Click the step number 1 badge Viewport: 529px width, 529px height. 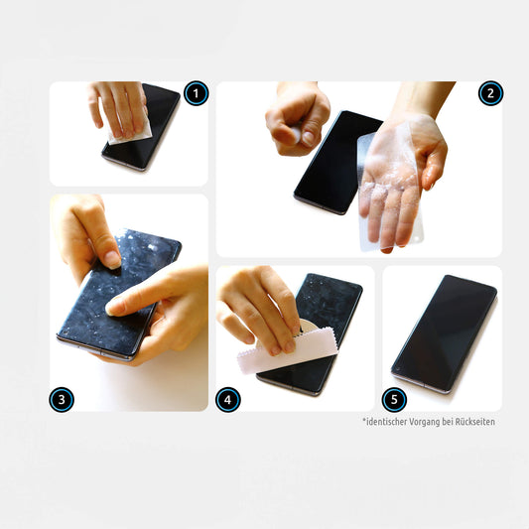tap(196, 93)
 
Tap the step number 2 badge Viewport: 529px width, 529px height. tap(490, 93)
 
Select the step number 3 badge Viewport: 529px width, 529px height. tap(62, 400)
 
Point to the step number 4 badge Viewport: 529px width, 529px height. tap(227, 400)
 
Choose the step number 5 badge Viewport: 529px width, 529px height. tap(394, 400)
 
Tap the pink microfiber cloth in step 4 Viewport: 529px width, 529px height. tap(287, 352)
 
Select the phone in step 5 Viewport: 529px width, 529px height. tap(444, 334)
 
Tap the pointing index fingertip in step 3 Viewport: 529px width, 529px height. tap(112, 308)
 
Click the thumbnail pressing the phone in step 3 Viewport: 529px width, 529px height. tap(112, 259)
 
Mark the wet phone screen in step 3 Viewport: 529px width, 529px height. tap(118, 294)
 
